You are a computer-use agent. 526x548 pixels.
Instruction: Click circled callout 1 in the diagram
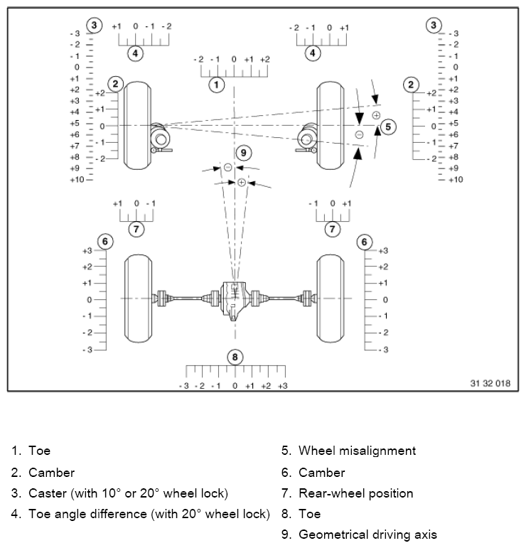(216, 85)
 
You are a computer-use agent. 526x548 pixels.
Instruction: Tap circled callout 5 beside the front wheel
(387, 127)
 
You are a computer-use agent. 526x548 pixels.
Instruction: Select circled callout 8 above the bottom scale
(235, 357)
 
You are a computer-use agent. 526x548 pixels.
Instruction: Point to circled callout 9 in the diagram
(243, 152)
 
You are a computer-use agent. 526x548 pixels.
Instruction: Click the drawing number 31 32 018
(490, 383)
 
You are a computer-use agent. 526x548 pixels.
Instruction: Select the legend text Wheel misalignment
(357, 451)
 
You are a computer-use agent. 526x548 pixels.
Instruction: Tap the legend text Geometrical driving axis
(367, 534)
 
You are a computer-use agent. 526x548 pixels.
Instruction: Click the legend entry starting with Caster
(128, 493)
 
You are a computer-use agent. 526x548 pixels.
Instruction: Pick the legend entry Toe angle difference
(149, 513)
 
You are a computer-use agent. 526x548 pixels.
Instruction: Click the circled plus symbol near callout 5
(376, 114)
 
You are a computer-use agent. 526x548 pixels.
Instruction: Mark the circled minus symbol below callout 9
(227, 167)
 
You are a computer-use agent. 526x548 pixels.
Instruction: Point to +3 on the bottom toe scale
(282, 385)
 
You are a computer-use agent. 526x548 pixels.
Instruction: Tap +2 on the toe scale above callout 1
(264, 60)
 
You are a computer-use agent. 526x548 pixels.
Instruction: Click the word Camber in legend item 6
(321, 472)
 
